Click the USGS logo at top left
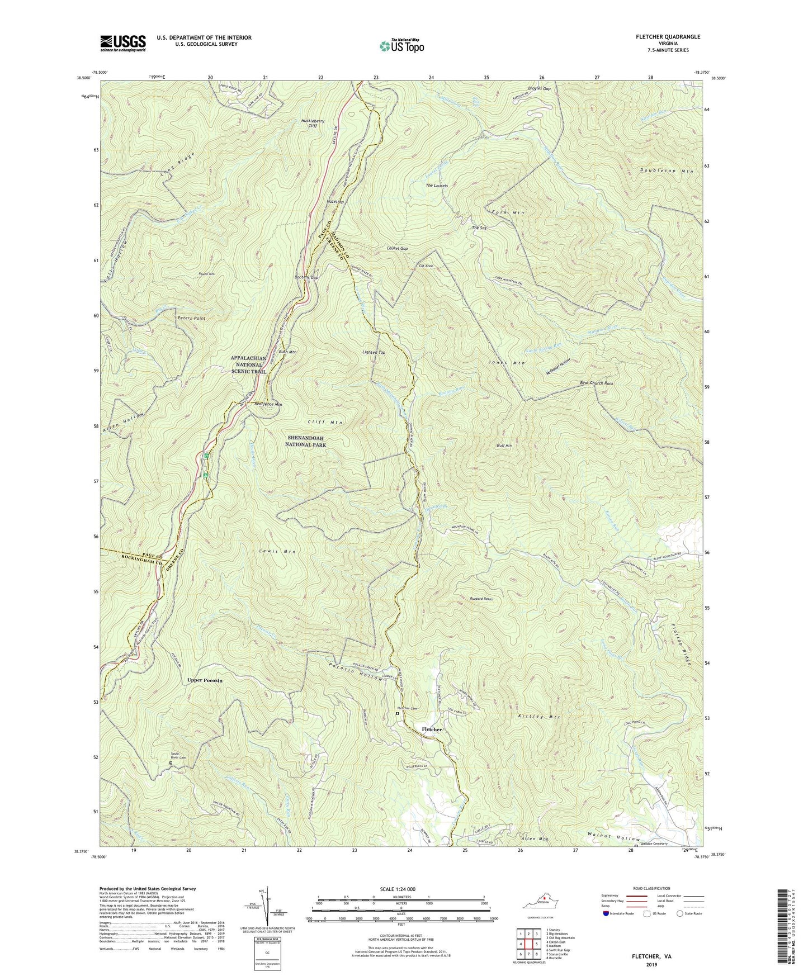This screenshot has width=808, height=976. coord(123,42)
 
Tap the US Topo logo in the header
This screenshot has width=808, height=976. coord(401,46)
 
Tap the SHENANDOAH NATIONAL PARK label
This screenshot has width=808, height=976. coord(306,441)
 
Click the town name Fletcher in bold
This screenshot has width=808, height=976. coord(431,729)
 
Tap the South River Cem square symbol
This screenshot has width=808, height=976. coord(171,762)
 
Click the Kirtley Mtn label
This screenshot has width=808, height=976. coord(540,717)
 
